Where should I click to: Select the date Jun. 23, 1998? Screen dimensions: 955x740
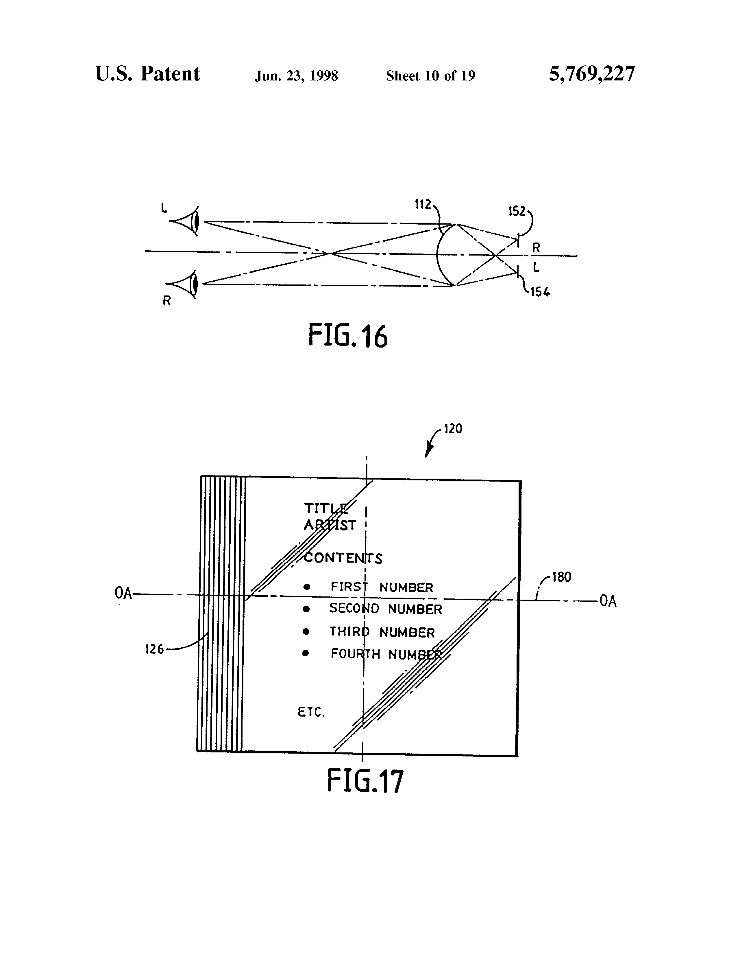(x=296, y=76)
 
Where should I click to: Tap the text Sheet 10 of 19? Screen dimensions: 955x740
(x=430, y=76)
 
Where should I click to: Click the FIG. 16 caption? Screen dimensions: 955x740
(x=348, y=335)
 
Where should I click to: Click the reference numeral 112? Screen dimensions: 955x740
(x=423, y=204)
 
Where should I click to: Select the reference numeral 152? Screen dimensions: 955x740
(x=517, y=212)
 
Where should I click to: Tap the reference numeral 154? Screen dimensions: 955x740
(x=540, y=292)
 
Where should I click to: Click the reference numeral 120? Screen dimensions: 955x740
(x=453, y=429)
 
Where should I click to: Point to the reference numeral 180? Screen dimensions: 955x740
(x=561, y=577)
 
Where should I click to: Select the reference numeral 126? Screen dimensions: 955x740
(x=154, y=649)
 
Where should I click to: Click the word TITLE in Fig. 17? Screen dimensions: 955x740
(x=326, y=508)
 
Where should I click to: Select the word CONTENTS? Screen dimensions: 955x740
(x=343, y=559)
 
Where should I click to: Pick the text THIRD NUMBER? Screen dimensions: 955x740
(x=382, y=632)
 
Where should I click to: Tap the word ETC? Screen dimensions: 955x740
(x=311, y=712)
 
